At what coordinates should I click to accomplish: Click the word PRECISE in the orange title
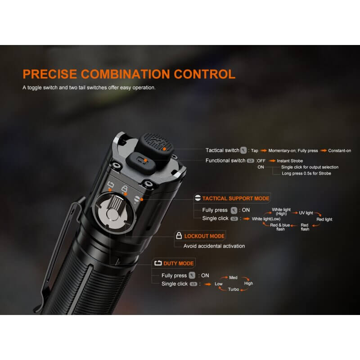(x=50, y=74)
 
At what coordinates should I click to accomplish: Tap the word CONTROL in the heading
(x=205, y=74)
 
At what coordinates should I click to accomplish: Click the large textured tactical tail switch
(x=156, y=143)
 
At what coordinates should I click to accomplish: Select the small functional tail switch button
(x=141, y=163)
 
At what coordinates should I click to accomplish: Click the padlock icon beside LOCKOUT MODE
(x=179, y=235)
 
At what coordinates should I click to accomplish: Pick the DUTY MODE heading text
(x=178, y=263)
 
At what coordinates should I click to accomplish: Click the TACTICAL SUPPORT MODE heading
(x=235, y=198)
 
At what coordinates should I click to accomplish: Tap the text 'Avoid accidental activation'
(x=214, y=246)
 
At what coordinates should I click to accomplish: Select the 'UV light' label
(x=306, y=213)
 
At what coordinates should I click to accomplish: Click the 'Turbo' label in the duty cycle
(x=234, y=289)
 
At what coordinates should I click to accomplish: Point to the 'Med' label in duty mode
(x=233, y=277)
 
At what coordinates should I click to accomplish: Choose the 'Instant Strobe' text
(x=290, y=161)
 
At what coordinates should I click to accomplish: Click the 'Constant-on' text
(x=340, y=151)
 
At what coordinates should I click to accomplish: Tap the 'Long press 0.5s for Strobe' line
(x=306, y=173)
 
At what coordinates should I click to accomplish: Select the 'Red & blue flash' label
(x=280, y=227)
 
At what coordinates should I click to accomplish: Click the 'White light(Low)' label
(x=266, y=219)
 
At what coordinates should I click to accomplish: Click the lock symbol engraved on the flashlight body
(x=124, y=189)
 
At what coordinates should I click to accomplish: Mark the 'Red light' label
(x=324, y=219)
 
